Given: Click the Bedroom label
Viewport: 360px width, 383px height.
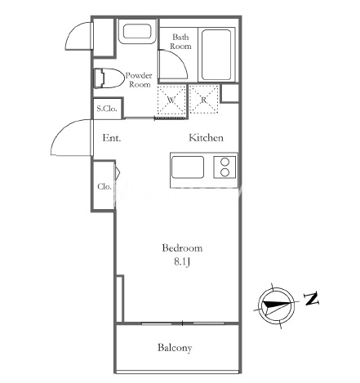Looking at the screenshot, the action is (x=182, y=248).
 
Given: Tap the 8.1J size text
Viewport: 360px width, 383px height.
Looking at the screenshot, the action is (x=182, y=262).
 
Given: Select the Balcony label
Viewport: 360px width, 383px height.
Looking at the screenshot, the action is (x=175, y=348).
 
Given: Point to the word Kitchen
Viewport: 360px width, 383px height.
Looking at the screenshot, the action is (x=206, y=138).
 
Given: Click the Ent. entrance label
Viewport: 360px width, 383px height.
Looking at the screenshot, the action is (x=112, y=138).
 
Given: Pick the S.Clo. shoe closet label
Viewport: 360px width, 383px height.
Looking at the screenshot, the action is (x=107, y=109).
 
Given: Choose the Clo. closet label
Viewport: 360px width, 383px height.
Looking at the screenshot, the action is (x=104, y=186).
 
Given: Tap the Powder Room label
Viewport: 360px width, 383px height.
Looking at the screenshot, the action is (x=139, y=80).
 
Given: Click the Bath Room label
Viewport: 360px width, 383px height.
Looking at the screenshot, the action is (x=180, y=42).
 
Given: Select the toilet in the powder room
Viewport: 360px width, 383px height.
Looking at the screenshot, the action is (x=108, y=78).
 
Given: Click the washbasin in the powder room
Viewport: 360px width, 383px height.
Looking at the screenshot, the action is (x=137, y=32).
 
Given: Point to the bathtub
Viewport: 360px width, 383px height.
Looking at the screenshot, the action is (x=216, y=55).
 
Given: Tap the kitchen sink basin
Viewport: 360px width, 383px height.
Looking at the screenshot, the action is (x=188, y=167).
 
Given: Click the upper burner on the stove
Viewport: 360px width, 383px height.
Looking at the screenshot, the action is (x=224, y=162).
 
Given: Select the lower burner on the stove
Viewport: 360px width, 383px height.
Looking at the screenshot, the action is (x=224, y=172).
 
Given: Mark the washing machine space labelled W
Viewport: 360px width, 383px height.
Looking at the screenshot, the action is (x=171, y=100).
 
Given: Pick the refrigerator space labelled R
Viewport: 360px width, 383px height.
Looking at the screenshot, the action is (x=204, y=100).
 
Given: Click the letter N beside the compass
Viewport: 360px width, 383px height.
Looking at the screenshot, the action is (x=311, y=299).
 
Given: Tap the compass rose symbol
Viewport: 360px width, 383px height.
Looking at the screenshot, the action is (x=276, y=305).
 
